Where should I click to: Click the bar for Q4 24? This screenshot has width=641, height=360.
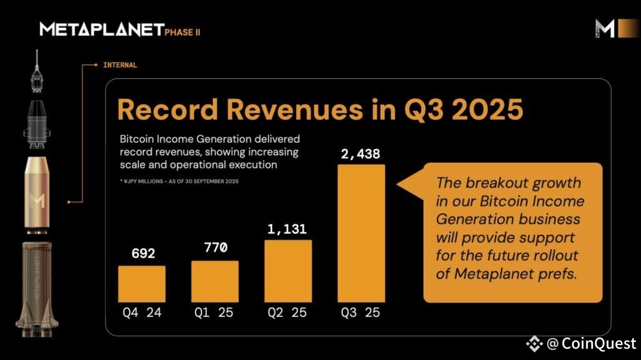[141, 284]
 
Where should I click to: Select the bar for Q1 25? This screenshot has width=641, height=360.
[215, 282]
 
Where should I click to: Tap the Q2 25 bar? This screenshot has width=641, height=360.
[288, 271]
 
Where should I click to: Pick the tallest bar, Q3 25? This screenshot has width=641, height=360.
[361, 234]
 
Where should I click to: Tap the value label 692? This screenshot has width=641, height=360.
[143, 254]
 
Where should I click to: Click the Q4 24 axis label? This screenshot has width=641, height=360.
[142, 312]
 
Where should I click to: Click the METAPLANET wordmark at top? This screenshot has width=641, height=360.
[101, 29]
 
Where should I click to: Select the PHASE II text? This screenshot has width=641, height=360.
[183, 32]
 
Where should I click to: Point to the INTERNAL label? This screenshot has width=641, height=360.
[120, 64]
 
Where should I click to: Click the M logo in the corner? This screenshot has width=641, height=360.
[605, 29]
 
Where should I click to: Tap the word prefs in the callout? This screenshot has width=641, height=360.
[556, 274]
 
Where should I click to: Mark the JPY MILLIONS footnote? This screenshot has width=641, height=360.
[182, 181]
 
